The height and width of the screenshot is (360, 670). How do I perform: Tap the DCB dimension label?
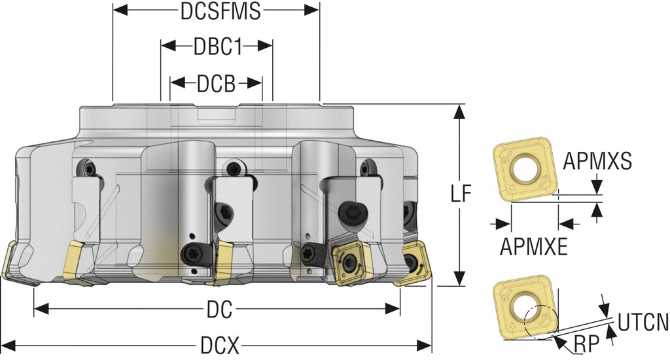click(216, 84)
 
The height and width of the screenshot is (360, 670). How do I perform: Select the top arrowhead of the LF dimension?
click(460, 112)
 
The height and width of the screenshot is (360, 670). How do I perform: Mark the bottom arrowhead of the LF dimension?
click(460, 278)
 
